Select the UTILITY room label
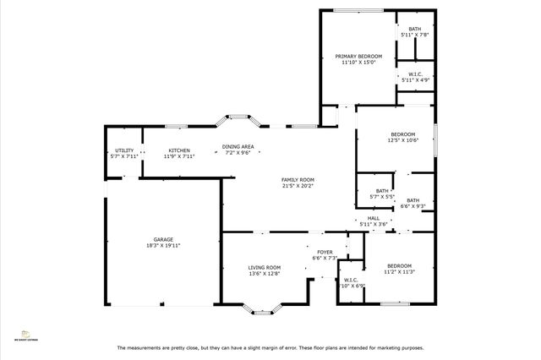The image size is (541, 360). pos(123,150)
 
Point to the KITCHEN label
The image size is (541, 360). pos(178,150)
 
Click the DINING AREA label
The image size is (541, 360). pos(238,146)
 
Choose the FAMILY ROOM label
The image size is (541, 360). pos(298,179)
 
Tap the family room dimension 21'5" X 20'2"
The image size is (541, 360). pos(298,186)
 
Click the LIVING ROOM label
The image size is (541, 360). pos(264,267)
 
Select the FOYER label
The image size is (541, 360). pos(325,252)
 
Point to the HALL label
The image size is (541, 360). pos(373,218)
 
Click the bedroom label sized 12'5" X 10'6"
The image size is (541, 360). pos(402,134)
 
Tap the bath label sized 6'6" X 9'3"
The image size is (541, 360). pos(413,200)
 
